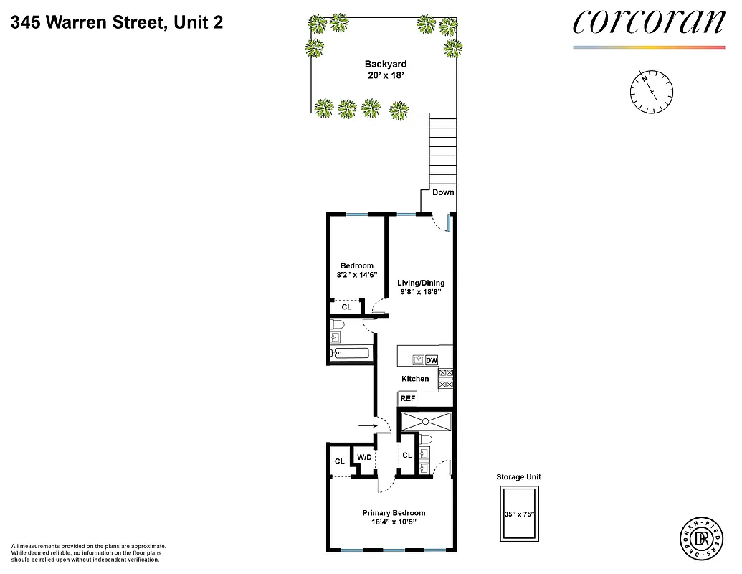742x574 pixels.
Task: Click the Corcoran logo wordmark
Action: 648,22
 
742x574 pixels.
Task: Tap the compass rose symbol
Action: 651,90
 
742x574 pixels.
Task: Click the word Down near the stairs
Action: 443,192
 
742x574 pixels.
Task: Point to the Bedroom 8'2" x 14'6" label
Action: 356,270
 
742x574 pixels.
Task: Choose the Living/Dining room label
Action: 421,288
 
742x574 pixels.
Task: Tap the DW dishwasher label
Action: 432,360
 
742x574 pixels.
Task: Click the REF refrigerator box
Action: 407,399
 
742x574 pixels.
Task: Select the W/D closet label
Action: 364,457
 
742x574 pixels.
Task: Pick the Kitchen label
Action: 415,379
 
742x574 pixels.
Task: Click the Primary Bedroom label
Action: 394,517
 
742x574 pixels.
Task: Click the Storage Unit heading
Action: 518,476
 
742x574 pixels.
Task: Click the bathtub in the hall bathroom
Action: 350,352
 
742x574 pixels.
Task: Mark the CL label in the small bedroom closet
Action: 346,307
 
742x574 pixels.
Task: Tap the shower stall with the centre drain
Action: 426,421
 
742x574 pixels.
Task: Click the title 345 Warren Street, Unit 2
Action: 117,22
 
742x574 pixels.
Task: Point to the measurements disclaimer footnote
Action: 88,552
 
